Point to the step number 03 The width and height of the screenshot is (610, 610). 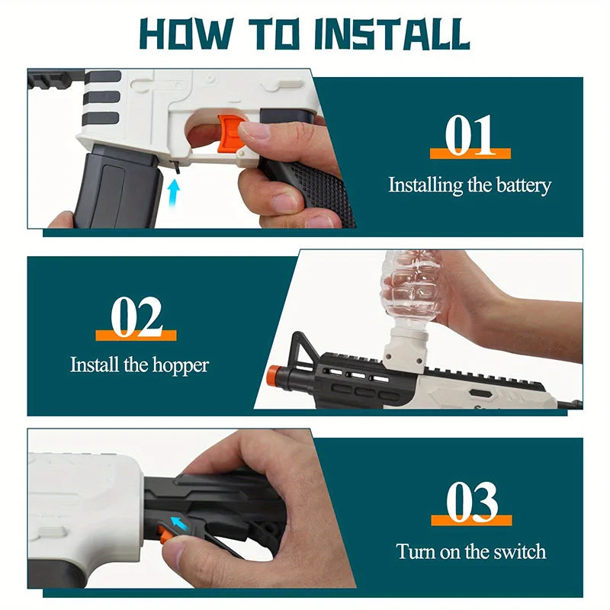click(470, 502)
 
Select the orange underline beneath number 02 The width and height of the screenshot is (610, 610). click(136, 335)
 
